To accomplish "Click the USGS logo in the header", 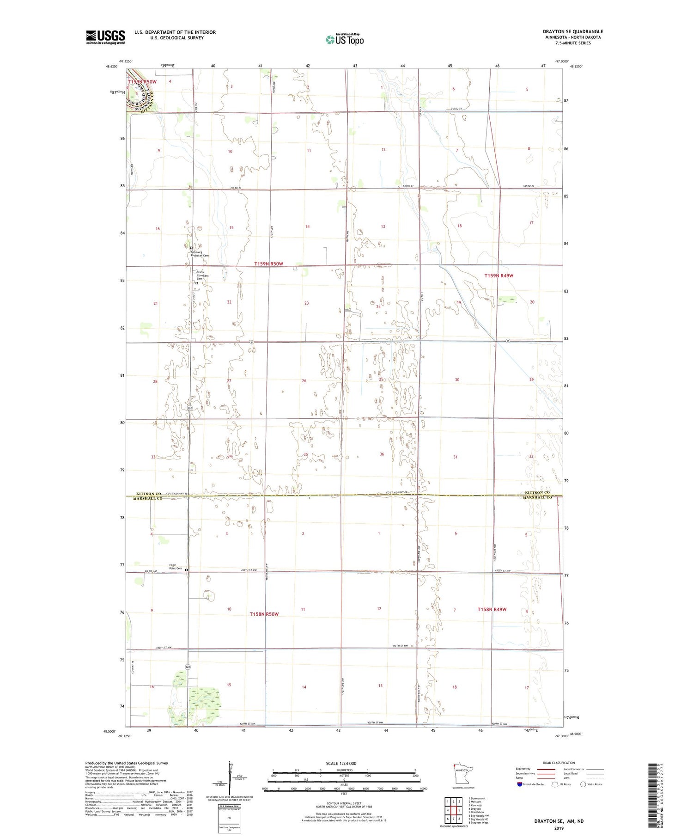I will point(105,37).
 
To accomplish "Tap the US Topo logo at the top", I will point(345,40).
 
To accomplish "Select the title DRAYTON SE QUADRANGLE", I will point(573,31).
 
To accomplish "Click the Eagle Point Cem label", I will point(176,567).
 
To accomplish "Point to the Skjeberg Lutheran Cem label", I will point(200,254).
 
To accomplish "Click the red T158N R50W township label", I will point(264,614).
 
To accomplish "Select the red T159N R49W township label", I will point(498,275).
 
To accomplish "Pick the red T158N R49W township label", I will point(492,609).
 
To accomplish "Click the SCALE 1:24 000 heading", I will point(341,763).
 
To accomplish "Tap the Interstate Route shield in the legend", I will point(520,784).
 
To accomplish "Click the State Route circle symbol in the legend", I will point(583,784).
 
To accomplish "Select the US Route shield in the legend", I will point(554,784).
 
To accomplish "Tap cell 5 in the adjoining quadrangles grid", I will point(459,810).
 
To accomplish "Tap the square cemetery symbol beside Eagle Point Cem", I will point(187,570).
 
